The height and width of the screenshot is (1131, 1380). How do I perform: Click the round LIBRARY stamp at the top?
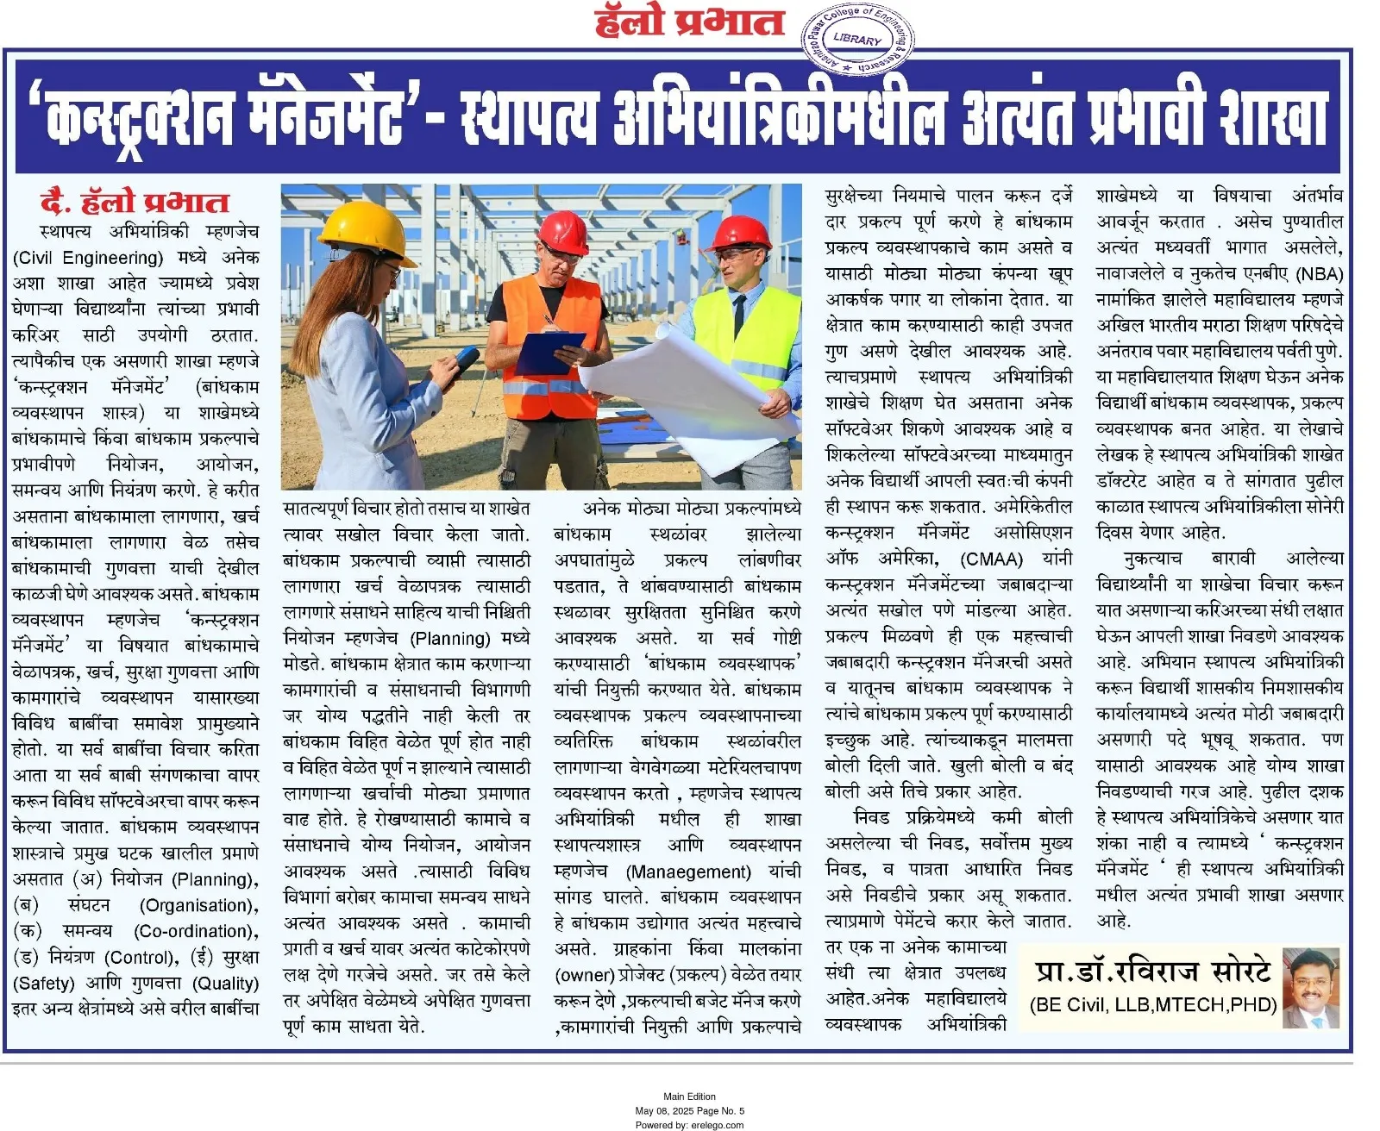tap(857, 40)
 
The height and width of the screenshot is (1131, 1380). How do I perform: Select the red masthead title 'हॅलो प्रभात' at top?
tap(689, 22)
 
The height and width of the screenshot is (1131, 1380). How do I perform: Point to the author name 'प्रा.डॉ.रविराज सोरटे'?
tap(1153, 972)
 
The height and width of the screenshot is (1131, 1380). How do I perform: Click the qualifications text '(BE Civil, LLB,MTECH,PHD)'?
tap(1153, 1004)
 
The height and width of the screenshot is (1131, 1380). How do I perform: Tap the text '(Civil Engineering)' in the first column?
tap(88, 258)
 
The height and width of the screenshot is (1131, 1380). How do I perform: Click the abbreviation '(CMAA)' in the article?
tap(991, 559)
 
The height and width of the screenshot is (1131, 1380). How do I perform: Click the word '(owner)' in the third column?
tap(583, 975)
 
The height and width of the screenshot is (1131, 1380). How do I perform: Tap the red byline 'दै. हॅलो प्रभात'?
tap(135, 202)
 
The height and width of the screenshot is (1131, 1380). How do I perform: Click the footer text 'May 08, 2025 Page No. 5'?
tap(689, 1111)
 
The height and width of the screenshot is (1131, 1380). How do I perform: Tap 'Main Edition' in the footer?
tap(689, 1097)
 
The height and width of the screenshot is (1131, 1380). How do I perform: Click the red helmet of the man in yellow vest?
tap(742, 233)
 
